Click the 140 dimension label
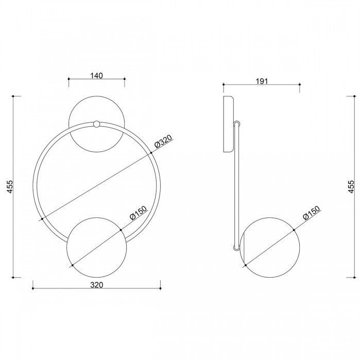click(x=96, y=76)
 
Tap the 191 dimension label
click(x=262, y=81)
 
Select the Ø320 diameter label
click(x=163, y=141)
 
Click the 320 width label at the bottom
click(x=97, y=285)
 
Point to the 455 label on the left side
click(x=10, y=186)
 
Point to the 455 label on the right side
click(x=351, y=186)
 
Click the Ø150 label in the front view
click(x=138, y=213)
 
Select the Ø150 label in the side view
click(x=311, y=213)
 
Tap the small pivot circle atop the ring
click(x=96, y=124)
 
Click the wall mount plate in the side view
click(x=229, y=124)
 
